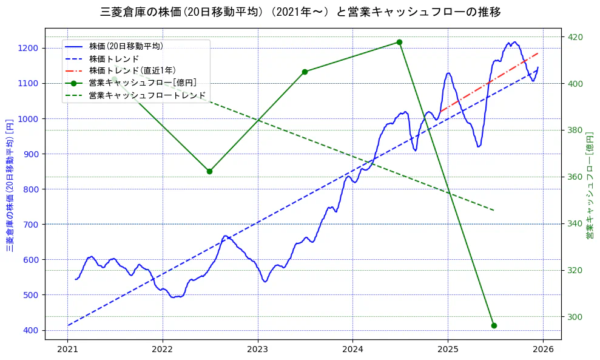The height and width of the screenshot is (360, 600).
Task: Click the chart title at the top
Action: click(x=300, y=12)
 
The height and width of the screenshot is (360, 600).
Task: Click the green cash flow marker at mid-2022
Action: click(x=209, y=171)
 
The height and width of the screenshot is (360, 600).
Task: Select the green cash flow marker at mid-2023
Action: click(x=305, y=72)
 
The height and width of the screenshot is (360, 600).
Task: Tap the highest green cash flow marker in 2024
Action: click(x=399, y=42)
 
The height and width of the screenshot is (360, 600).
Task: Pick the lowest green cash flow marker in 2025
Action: click(x=494, y=325)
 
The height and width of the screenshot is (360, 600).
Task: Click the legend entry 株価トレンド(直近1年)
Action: click(x=140, y=70)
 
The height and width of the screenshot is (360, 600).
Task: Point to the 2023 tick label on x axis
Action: click(x=258, y=350)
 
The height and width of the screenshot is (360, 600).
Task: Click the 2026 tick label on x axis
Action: click(x=543, y=350)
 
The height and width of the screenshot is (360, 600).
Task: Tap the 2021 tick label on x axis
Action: click(x=68, y=350)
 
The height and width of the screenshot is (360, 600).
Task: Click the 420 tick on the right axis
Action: click(x=575, y=37)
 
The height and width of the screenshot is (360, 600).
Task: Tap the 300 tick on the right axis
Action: click(x=575, y=317)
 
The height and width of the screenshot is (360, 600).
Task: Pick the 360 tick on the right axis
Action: click(x=575, y=177)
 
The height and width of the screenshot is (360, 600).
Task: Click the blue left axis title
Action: click(x=10, y=185)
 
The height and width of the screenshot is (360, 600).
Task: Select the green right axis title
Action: click(x=590, y=185)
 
